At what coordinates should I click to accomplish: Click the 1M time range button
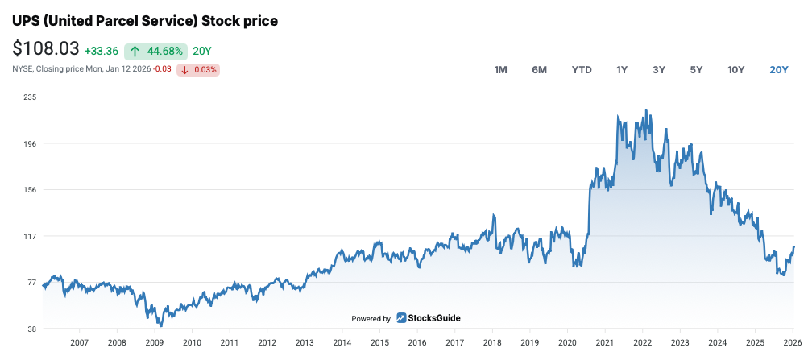(500, 70)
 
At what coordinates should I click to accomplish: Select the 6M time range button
(539, 70)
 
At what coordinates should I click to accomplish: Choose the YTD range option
(582, 70)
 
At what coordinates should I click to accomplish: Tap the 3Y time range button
(659, 70)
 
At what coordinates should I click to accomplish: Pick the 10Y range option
(735, 70)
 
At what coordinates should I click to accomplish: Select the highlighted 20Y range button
(778, 70)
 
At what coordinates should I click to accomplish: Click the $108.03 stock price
(45, 49)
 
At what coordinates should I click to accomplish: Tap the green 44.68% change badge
(155, 51)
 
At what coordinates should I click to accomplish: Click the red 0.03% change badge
(199, 69)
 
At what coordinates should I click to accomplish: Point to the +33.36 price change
(101, 51)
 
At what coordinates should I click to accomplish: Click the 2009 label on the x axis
(155, 343)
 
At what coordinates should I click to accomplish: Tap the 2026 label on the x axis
(792, 343)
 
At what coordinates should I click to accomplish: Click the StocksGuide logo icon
(401, 318)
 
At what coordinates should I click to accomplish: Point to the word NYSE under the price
(22, 69)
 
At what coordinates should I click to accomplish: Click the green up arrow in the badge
(135, 51)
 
